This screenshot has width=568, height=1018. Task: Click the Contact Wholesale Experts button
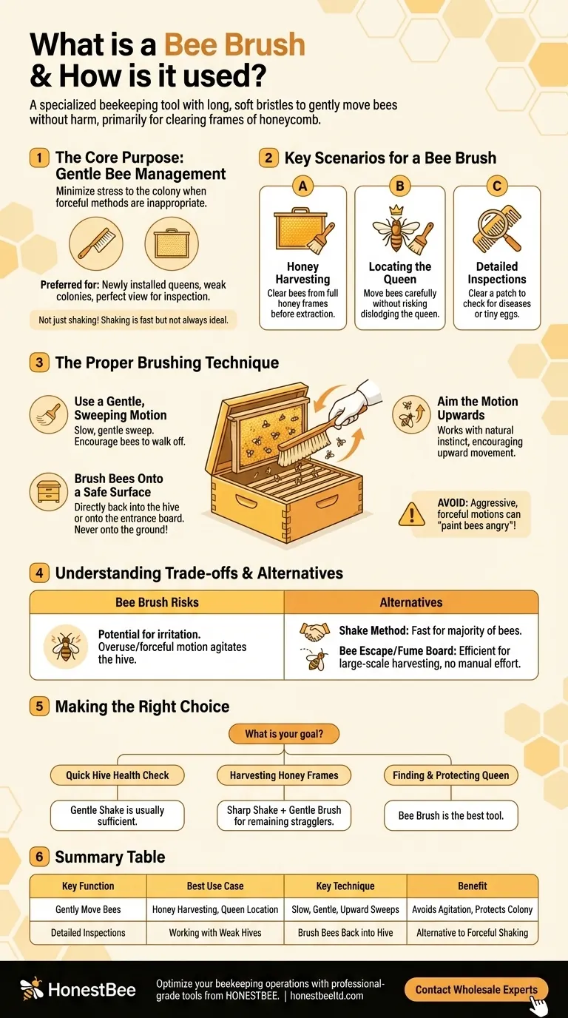[476, 989]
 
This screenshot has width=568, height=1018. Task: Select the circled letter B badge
[400, 186]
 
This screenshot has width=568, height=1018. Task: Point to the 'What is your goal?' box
[284, 735]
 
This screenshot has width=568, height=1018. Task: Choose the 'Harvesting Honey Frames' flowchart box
[284, 775]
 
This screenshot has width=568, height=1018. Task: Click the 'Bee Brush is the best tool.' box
[450, 815]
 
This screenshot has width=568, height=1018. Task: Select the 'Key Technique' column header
[345, 886]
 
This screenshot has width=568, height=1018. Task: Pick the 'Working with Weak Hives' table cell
[215, 932]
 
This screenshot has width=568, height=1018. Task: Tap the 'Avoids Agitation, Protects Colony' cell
[473, 909]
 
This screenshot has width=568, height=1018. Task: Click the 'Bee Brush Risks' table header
[157, 602]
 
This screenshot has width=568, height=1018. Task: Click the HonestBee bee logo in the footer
[31, 989]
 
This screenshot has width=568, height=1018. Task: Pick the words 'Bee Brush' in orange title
[234, 45]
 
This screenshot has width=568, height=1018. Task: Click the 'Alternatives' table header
[411, 602]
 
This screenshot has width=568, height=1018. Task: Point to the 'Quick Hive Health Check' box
[117, 775]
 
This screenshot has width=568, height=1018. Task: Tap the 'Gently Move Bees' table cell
[88, 909]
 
